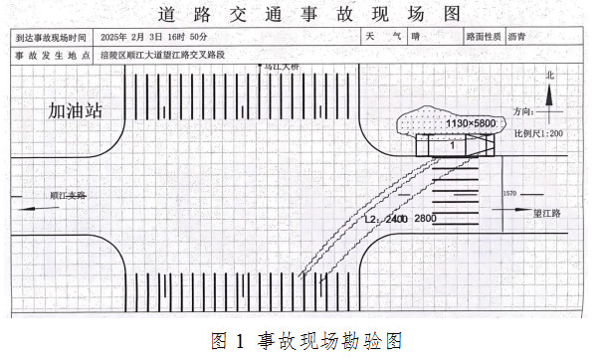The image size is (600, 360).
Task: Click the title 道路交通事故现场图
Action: click(x=299, y=13)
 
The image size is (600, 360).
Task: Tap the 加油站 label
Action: click(x=76, y=109)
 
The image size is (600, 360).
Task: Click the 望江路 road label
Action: click(x=548, y=213)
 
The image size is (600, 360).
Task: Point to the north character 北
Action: click(x=548, y=76)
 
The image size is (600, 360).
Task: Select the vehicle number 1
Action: click(x=452, y=144)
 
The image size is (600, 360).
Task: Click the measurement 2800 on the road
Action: click(x=425, y=218)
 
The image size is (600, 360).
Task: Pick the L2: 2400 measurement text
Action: click(x=384, y=218)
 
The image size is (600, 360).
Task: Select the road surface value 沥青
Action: click(x=517, y=37)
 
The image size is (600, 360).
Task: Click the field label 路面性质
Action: click(x=484, y=37)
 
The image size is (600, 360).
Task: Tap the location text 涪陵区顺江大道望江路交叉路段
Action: click(x=163, y=55)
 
